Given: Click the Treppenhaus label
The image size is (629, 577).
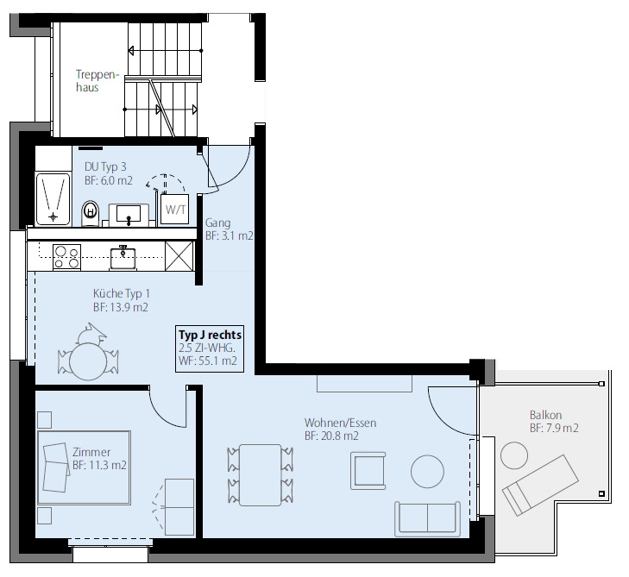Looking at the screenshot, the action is (x=97, y=81).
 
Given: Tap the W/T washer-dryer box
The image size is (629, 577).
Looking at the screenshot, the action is (x=175, y=209).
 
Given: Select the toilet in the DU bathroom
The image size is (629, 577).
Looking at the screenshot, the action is (x=91, y=213).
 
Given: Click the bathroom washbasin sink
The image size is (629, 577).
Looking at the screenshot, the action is (x=129, y=213).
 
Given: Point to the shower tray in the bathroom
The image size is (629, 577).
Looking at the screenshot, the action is (x=53, y=199).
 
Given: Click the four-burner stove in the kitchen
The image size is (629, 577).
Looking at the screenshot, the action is (x=66, y=257).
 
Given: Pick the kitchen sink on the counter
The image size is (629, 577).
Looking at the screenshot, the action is (x=123, y=257).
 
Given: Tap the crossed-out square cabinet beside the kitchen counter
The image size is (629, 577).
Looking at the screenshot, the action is (x=179, y=255).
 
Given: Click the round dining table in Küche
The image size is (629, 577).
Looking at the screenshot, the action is (x=88, y=361).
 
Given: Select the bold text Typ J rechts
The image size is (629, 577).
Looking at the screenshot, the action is (x=210, y=335).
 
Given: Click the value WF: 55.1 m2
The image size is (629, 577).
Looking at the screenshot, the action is (x=207, y=361).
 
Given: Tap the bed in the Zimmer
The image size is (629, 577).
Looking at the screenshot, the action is (x=85, y=467).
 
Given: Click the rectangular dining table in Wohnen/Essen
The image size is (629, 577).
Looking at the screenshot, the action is (x=260, y=474).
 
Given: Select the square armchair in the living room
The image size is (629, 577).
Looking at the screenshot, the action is (x=368, y=471).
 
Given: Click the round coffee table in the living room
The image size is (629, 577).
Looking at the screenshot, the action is (x=428, y=472).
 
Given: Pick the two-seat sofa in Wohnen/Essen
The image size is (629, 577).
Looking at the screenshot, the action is (x=428, y=518).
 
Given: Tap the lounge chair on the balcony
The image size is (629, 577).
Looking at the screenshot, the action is (x=540, y=485).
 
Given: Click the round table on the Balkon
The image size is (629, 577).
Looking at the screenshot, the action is (x=514, y=455).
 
